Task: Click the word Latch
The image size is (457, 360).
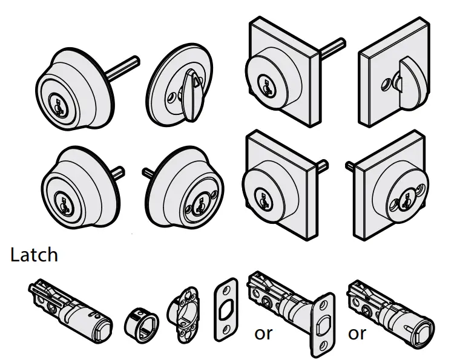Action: click(34, 255)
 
